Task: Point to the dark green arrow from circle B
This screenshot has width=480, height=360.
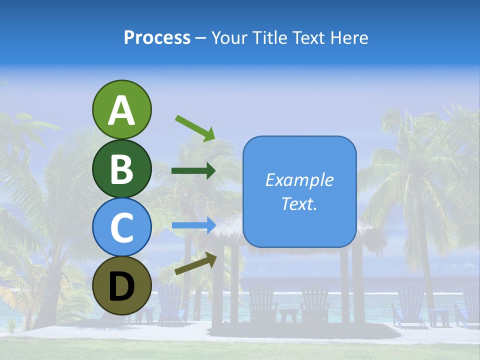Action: click(x=193, y=171)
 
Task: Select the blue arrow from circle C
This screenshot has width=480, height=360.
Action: click(x=193, y=225)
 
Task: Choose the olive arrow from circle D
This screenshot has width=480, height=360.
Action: click(x=195, y=263)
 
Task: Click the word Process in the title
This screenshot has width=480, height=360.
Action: click(x=157, y=38)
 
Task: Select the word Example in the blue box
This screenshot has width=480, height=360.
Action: click(x=299, y=180)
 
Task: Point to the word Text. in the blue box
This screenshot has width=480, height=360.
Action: click(x=299, y=203)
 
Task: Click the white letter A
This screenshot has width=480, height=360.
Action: click(x=121, y=110)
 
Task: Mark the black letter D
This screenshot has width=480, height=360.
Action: click(x=121, y=287)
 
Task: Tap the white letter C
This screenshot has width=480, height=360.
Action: click(x=121, y=227)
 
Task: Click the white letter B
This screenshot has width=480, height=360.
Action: click(x=121, y=169)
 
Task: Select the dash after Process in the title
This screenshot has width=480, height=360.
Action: click(x=201, y=38)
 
